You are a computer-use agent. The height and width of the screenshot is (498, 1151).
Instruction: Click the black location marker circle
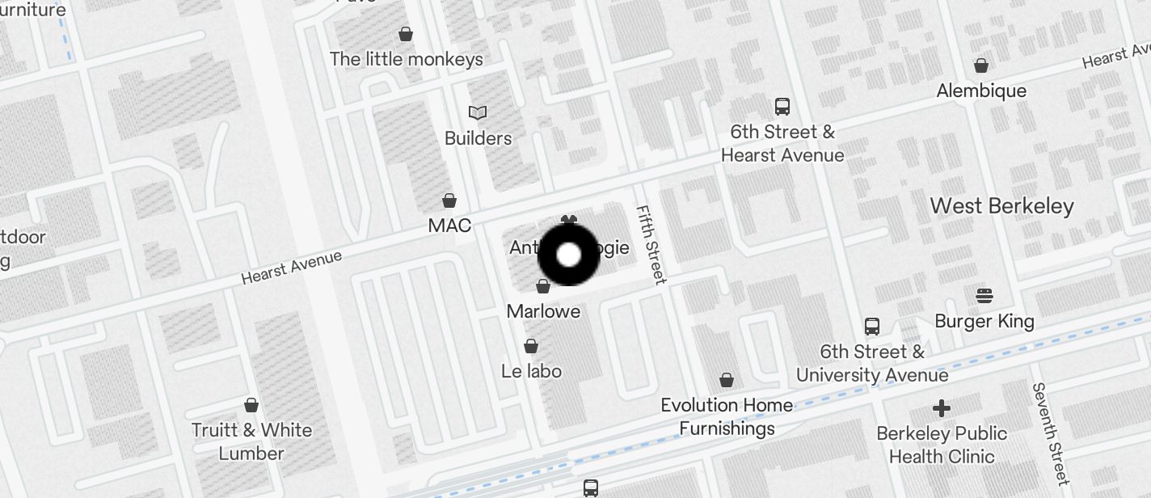(569, 255)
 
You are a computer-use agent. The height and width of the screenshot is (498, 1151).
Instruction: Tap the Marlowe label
(543, 311)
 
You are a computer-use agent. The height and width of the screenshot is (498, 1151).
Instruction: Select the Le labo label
(531, 371)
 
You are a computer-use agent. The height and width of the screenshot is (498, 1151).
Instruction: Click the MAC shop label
(449, 225)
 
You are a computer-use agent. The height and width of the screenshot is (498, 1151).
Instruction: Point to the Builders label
(478, 138)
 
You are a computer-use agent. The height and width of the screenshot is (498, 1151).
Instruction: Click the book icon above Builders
(478, 112)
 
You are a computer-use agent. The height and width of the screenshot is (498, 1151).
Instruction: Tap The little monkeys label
(407, 59)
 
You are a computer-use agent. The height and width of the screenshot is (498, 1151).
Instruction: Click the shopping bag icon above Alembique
(981, 65)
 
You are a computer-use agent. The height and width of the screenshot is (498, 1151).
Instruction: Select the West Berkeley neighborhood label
(1001, 206)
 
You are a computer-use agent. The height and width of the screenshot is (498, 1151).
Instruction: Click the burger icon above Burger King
(984, 295)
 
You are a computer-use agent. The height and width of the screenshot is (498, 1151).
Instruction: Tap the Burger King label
(984, 321)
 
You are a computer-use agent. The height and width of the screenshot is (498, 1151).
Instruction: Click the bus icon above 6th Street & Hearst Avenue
(782, 106)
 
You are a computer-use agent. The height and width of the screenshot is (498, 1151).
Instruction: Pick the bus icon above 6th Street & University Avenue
(871, 326)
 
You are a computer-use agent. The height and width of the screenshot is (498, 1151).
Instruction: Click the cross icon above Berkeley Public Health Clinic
(941, 407)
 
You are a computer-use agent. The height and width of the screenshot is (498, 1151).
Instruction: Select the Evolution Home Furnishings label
(727, 416)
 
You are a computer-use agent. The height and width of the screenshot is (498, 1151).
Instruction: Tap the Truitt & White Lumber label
(251, 441)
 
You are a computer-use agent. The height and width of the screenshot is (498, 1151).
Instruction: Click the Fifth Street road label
(651, 244)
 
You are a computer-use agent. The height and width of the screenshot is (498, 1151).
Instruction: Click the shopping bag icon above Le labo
(531, 346)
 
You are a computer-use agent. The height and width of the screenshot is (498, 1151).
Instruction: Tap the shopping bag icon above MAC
(449, 200)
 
